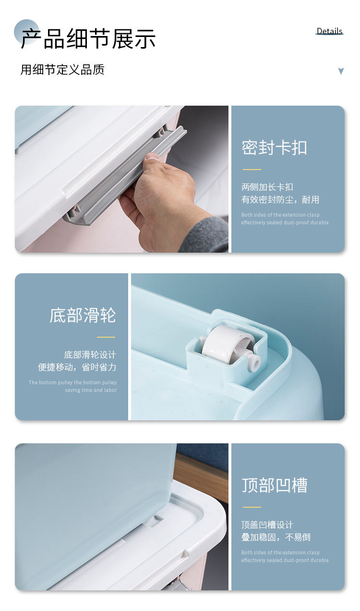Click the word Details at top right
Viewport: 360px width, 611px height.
pyautogui.click(x=329, y=31)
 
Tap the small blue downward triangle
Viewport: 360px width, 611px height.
pyautogui.click(x=341, y=71)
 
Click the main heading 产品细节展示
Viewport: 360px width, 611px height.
pyautogui.click(x=88, y=39)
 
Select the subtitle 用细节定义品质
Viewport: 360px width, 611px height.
pyautogui.click(x=62, y=70)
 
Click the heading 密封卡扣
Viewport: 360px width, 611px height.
pyautogui.click(x=275, y=147)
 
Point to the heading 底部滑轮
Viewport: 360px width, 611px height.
pyautogui.click(x=83, y=315)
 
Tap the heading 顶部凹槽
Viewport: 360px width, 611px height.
pyautogui.click(x=275, y=485)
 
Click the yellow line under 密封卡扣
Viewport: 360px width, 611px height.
pyautogui.click(x=252, y=170)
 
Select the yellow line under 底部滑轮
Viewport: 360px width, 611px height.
pyautogui.click(x=106, y=337)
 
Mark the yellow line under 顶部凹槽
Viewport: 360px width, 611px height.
pyautogui.click(x=252, y=507)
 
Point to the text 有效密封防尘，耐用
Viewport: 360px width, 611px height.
pyautogui.click(x=280, y=200)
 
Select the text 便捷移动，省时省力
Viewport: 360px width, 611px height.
pyautogui.click(x=77, y=367)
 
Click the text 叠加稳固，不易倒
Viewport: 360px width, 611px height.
pyautogui.click(x=276, y=537)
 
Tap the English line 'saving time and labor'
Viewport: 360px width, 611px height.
pyautogui.click(x=91, y=390)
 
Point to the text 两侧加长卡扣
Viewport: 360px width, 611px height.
pyautogui.click(x=267, y=187)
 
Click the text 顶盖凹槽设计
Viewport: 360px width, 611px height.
pyautogui.click(x=267, y=525)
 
